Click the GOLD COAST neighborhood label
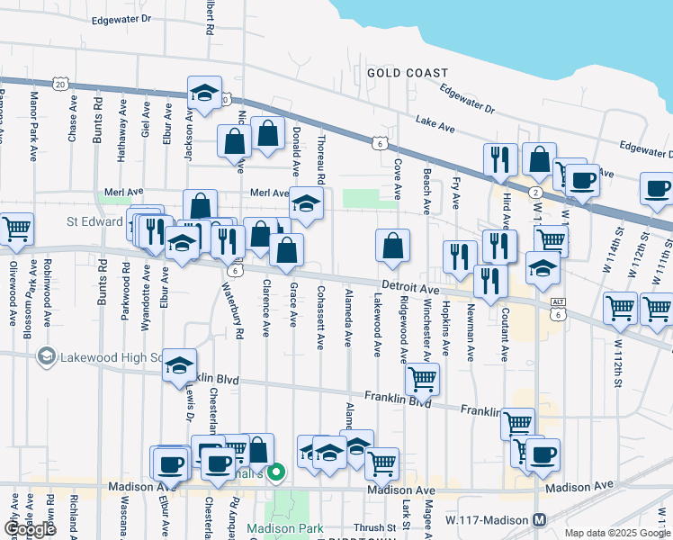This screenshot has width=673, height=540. (407, 73)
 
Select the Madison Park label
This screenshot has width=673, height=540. (285, 528)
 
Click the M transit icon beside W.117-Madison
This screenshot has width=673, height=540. (540, 520)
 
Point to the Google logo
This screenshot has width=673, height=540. (30, 529)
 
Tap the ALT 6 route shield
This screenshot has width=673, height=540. (559, 309)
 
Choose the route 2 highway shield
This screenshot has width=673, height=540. (535, 193)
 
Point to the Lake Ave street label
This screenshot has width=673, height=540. (435, 123)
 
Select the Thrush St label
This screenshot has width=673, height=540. (375, 528)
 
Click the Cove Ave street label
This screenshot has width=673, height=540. (397, 180)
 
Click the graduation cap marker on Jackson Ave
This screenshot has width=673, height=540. (205, 93)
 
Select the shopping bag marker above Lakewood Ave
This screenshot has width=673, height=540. (392, 246)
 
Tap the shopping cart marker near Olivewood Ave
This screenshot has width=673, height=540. (15, 230)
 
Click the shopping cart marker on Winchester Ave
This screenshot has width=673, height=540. (421, 379)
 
